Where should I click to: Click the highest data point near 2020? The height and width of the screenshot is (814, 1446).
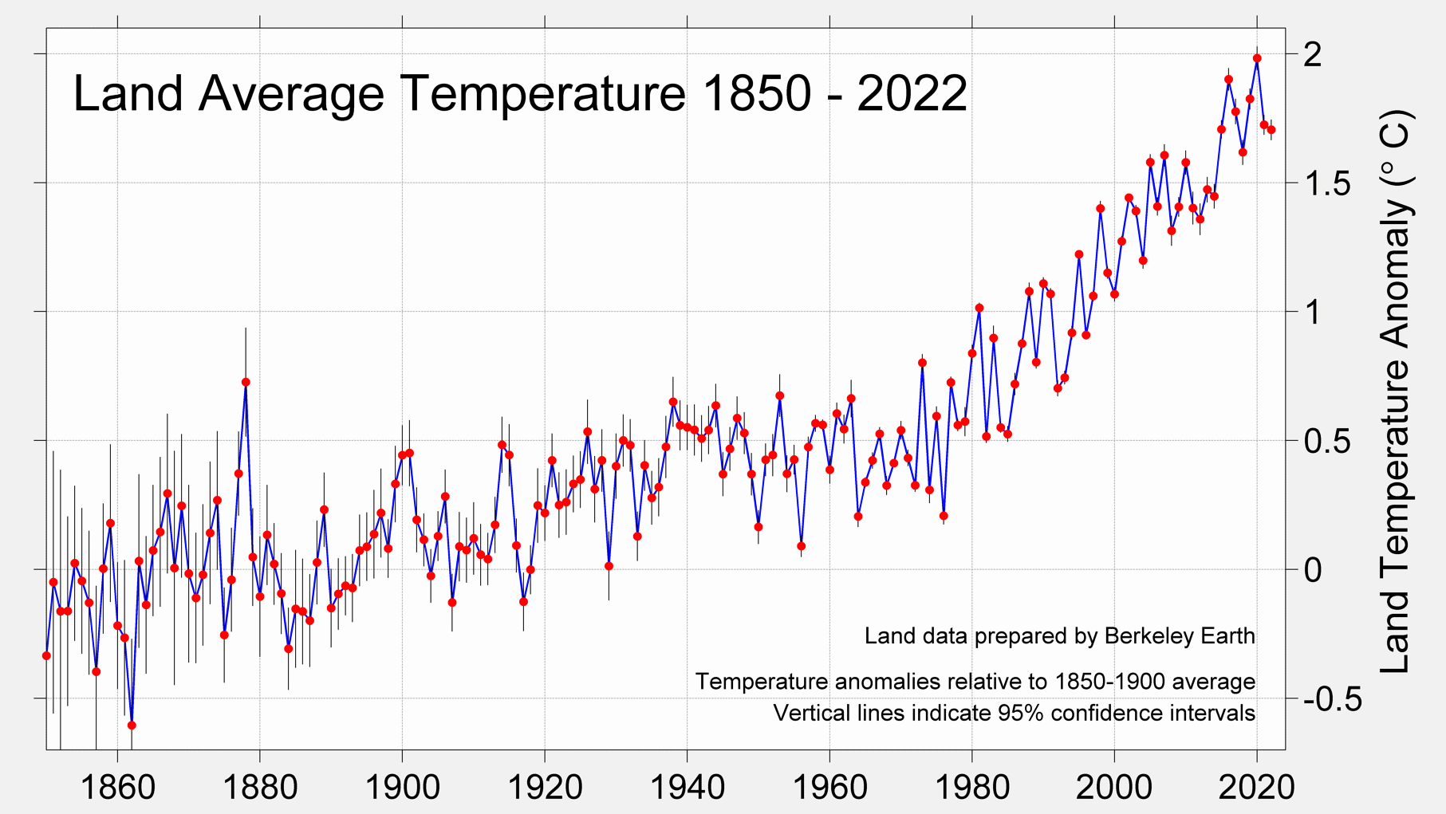(x=1257, y=58)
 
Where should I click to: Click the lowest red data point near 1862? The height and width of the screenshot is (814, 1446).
(x=132, y=726)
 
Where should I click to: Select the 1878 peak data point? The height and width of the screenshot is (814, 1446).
(x=246, y=383)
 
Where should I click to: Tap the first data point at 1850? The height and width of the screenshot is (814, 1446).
(x=46, y=656)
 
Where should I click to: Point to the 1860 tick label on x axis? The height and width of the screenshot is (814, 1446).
(x=117, y=788)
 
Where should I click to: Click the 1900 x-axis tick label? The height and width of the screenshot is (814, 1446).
(x=402, y=788)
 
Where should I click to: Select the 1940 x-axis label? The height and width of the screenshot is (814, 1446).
(x=687, y=788)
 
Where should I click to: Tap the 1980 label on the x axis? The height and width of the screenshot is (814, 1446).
(x=971, y=788)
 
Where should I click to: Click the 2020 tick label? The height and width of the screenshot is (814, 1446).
(x=1257, y=788)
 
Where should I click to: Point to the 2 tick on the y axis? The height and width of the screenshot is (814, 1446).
(x=1313, y=55)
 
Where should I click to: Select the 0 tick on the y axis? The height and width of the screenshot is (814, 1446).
(x=1313, y=570)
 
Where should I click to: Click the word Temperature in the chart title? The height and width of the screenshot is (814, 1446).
(x=542, y=94)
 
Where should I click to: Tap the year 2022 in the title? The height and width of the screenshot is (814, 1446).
(x=912, y=94)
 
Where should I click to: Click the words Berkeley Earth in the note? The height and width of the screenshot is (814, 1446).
(x=1180, y=636)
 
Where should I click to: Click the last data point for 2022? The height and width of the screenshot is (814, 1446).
(x=1271, y=130)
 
